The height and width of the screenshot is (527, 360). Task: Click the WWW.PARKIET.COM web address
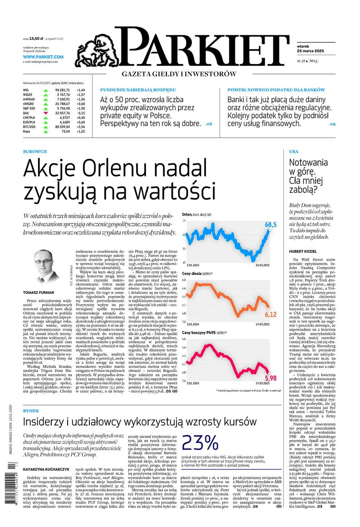tap(43, 57)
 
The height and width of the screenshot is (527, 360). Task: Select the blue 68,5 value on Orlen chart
tap(271, 225)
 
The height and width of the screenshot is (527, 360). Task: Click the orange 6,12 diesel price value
tap(270, 314)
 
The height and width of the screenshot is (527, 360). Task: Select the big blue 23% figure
tap(199, 442)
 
